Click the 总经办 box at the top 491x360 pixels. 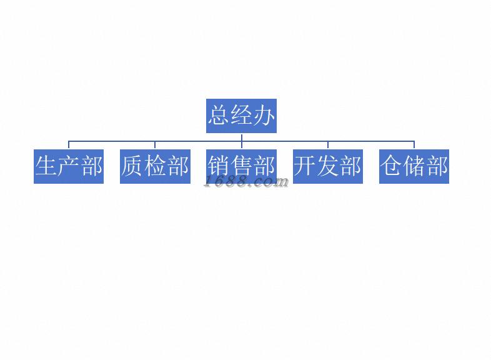click(241, 116)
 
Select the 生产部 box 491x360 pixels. click(69, 166)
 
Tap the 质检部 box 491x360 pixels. click(155, 166)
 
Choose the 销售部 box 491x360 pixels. click(241, 166)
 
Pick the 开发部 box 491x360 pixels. click(327, 166)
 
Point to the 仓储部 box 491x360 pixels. click(414, 166)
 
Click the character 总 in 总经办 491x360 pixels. click(219, 116)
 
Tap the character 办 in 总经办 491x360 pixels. click(264, 116)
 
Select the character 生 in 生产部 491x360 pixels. click(47, 166)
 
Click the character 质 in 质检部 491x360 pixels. click(133, 166)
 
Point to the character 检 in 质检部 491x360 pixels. click(155, 166)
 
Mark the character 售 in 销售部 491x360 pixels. click(242, 166)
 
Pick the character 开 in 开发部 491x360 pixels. click(305, 166)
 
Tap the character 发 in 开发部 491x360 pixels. click(327, 166)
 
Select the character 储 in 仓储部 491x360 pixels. click(414, 166)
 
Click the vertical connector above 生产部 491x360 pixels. click(69, 145)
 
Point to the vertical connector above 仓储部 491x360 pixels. click(414, 145)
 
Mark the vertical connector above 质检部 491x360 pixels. click(155, 145)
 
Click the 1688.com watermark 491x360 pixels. click(247, 182)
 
